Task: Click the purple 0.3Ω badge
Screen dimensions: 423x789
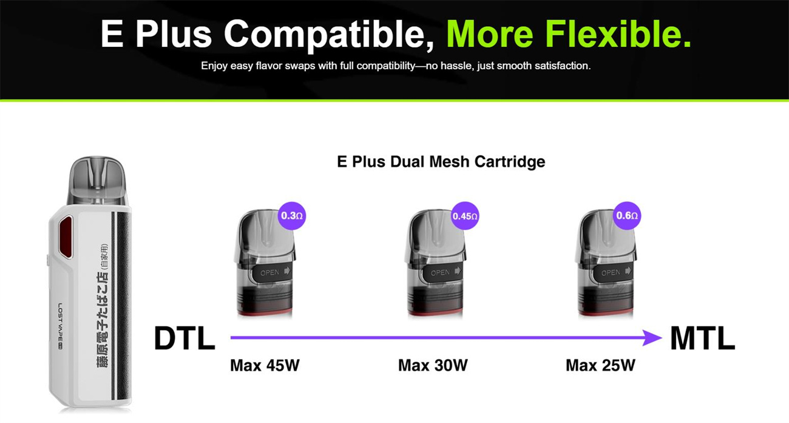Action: pos(292,216)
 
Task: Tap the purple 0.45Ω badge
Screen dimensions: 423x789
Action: pos(466,216)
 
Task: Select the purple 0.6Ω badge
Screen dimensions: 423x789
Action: pos(627,216)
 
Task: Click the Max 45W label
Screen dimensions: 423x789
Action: pos(265,365)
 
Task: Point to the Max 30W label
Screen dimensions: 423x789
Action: pos(433,365)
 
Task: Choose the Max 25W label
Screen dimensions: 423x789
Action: pos(600,365)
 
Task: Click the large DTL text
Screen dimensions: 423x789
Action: pos(185,339)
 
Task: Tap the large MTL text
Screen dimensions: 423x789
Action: pos(702,339)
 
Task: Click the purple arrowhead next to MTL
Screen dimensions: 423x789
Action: pos(653,337)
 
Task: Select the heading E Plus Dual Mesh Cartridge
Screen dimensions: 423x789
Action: pos(441,162)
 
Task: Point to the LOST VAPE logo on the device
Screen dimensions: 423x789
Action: pos(61,328)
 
